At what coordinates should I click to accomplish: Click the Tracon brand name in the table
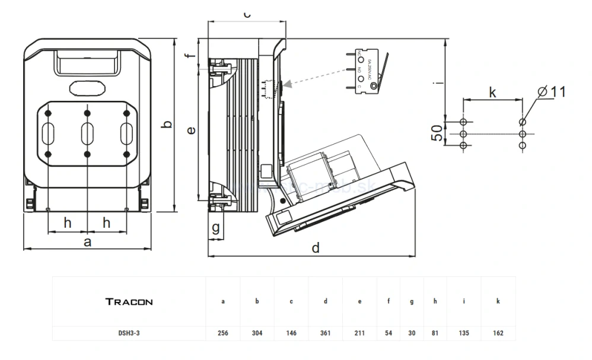click(x=129, y=301)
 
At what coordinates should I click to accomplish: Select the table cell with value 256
click(x=222, y=333)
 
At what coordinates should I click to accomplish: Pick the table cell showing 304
click(x=257, y=333)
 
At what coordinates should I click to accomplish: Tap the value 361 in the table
click(x=326, y=333)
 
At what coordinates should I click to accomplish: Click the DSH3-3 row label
click(x=129, y=333)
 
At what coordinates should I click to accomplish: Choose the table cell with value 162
click(x=498, y=333)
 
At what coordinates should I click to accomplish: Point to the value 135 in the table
click(x=463, y=333)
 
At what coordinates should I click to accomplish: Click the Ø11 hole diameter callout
click(x=551, y=91)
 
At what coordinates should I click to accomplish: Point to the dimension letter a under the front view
click(x=88, y=241)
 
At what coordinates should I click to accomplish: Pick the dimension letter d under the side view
click(x=316, y=247)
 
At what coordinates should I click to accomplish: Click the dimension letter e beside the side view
click(x=190, y=130)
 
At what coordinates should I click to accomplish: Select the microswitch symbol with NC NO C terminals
click(x=368, y=72)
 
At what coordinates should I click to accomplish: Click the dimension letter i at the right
click(x=437, y=84)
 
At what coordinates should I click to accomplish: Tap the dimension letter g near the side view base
click(x=216, y=227)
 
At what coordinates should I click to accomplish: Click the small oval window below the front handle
click(x=87, y=88)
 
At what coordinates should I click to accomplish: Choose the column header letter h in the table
click(x=435, y=301)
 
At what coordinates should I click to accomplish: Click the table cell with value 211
click(x=360, y=333)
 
